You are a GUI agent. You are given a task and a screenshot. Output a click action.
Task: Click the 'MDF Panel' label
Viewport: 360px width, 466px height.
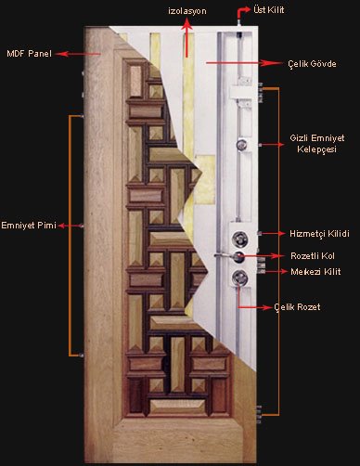29,54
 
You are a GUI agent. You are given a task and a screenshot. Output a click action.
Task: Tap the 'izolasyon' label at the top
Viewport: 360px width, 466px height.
187,11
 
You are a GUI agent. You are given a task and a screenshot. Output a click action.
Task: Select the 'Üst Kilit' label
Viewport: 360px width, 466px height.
268,9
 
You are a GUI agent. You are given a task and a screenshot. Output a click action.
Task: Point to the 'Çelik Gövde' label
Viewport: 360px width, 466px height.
312,64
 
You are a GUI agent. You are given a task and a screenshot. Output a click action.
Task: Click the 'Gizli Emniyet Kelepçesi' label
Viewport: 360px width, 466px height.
317,144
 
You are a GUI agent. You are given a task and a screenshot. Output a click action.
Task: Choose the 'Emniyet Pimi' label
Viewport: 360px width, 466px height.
29,225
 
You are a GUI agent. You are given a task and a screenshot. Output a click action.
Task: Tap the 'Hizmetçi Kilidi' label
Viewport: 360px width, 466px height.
319,234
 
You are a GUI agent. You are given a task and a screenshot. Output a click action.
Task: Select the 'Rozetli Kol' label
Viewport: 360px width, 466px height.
313,256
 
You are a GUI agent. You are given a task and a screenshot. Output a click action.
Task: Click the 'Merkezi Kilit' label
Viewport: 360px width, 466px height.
315,272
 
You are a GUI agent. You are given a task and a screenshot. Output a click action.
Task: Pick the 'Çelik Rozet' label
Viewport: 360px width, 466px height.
297,307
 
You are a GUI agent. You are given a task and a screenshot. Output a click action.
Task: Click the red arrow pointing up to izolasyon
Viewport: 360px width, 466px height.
186,37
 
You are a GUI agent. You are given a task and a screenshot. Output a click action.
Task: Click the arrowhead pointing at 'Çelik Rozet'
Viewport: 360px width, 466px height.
266,307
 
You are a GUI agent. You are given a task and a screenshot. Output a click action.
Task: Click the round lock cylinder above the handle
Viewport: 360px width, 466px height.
240,239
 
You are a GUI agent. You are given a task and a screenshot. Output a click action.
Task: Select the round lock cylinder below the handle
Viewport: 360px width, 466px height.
240,278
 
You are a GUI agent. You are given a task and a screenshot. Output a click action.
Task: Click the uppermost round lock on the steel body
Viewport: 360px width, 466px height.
241,145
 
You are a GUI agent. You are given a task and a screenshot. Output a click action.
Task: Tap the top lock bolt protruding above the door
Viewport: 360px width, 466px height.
239,22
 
